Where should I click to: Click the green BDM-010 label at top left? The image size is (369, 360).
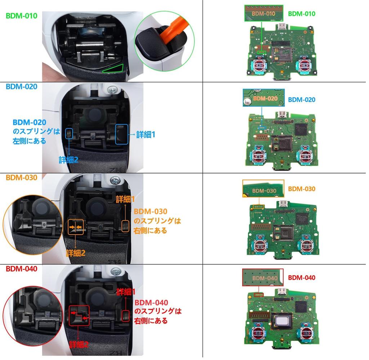[21, 16]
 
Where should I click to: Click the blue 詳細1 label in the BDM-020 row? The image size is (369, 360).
[146, 135]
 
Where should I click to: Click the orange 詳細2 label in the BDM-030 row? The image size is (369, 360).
[75, 253]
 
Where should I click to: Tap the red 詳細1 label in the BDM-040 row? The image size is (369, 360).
[125, 291]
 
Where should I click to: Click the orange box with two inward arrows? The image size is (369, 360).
[76, 228]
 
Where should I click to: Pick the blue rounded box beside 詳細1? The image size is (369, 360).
[121, 135]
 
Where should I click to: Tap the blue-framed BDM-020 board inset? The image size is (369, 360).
[263, 98]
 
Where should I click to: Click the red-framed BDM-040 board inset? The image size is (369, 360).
[263, 278]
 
